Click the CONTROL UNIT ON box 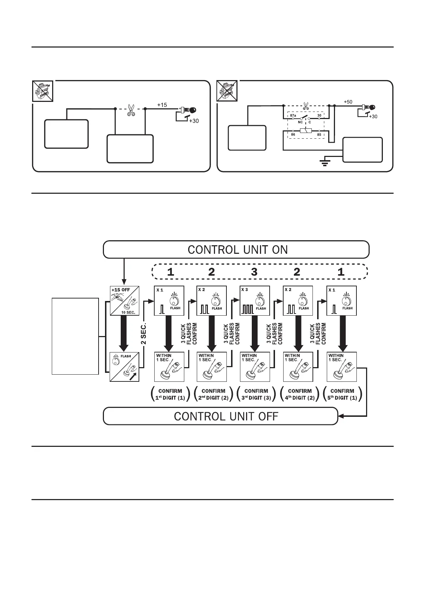pos(236,250)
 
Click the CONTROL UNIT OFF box pos(220,416)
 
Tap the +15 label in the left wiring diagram pos(162,105)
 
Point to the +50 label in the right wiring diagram pos(348,102)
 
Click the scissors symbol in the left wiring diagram pos(131,110)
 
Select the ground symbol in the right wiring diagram pos(325,163)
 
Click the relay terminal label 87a pos(293,115)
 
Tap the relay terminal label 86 pos(293,135)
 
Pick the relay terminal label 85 pos(319,135)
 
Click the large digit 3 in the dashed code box pos(254,272)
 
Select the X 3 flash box pos(255,301)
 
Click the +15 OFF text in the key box pos(121,290)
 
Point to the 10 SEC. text pos(128,312)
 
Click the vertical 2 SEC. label pos(144,334)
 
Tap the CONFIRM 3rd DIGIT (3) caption pos(256,394)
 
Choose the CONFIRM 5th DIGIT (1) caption pos(342,394)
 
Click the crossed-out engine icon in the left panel pos(42,91)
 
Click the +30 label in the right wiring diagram pos(372,117)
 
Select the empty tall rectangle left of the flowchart pos(75,336)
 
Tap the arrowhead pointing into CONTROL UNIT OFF pos(341,416)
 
